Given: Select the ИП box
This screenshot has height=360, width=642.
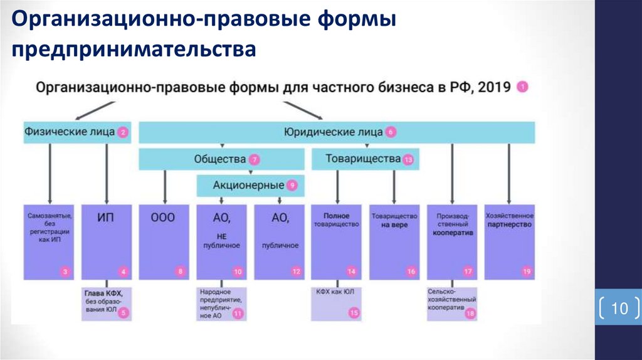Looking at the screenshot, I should click(x=106, y=241).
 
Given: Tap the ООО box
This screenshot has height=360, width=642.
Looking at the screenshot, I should click(x=164, y=241).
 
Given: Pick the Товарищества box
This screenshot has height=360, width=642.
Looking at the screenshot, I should click(x=366, y=159).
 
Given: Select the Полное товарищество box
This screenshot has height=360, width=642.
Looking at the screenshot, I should click(x=337, y=241).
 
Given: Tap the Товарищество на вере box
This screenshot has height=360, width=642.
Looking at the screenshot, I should click(x=394, y=241).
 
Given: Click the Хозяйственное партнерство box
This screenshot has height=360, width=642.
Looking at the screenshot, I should click(x=509, y=241).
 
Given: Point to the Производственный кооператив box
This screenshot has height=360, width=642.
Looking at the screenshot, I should click(x=451, y=241).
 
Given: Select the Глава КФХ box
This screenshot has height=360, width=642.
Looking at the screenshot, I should click(x=106, y=304).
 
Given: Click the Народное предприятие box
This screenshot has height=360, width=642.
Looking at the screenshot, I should click(x=221, y=304).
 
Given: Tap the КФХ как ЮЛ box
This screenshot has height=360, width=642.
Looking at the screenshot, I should click(x=337, y=304).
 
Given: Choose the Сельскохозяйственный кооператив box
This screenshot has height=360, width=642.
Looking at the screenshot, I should click(x=451, y=304).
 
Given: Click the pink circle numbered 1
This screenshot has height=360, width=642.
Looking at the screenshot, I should click(x=522, y=87).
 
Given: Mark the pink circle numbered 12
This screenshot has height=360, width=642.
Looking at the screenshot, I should click(x=297, y=272).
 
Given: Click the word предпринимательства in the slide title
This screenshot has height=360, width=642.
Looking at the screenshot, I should click(x=132, y=49).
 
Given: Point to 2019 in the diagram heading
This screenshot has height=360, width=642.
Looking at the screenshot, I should click(x=495, y=87).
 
